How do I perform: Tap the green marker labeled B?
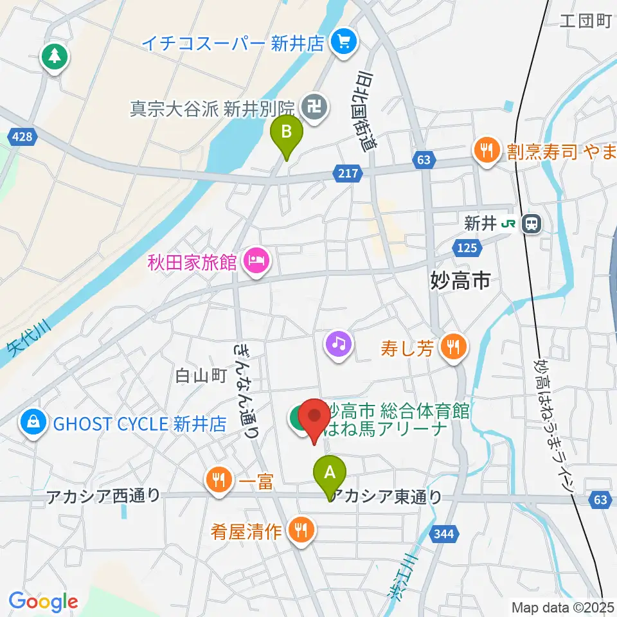[x=287, y=134]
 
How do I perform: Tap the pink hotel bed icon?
[x=256, y=262]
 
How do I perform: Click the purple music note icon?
[x=339, y=343]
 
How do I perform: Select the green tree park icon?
[x=54, y=57]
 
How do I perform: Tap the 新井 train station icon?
[x=532, y=224]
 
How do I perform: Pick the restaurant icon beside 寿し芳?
[x=454, y=348]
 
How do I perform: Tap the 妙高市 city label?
[x=460, y=280]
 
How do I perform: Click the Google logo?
[x=44, y=602]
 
